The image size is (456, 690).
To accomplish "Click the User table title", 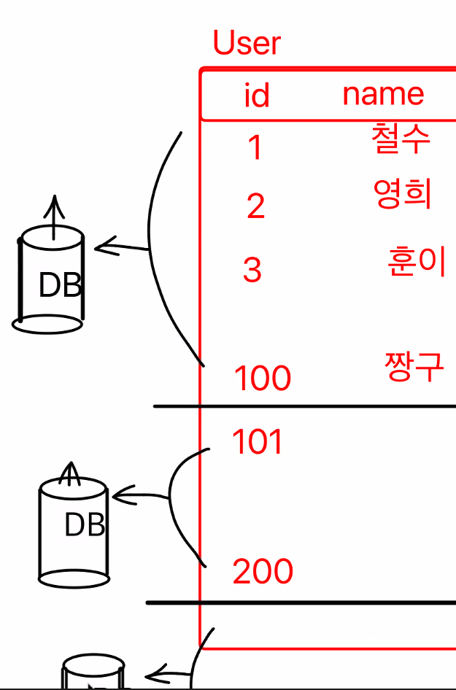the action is click(x=247, y=44).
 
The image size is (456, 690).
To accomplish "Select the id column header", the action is click(x=257, y=96).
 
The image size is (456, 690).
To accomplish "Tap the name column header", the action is click(x=383, y=94).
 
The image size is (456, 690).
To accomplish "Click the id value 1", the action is click(x=255, y=148).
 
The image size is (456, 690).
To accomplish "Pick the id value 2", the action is click(x=255, y=207).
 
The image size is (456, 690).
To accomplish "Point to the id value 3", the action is click(x=252, y=271).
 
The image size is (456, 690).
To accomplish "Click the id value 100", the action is click(x=263, y=379).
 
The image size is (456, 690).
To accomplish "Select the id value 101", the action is click(x=257, y=442).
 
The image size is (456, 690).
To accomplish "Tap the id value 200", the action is click(x=263, y=572).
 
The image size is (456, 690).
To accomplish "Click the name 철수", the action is click(x=401, y=138).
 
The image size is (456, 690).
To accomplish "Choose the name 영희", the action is click(x=403, y=195).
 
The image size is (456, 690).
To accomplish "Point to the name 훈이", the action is click(x=417, y=262).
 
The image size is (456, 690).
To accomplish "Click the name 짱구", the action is click(x=414, y=366).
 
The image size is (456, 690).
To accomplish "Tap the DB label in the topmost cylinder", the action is click(x=60, y=286).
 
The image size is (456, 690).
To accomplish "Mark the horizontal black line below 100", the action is click(x=306, y=406).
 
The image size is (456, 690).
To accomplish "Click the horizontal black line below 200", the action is click(x=306, y=603).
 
